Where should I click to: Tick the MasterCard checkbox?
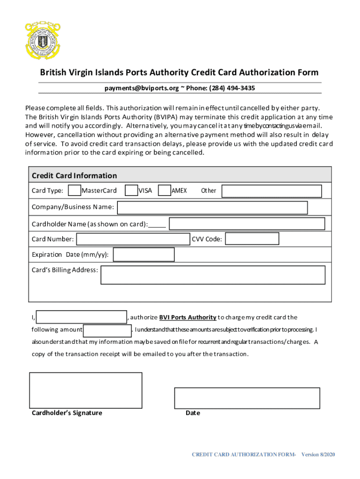click(x=74, y=190)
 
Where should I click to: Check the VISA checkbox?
click(x=131, y=190)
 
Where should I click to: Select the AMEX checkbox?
click(x=164, y=190)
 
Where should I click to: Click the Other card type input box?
click(x=271, y=191)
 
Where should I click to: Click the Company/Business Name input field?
click(x=212, y=207)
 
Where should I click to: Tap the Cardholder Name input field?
click(x=247, y=224)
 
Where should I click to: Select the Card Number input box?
click(x=133, y=239)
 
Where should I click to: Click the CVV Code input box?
click(x=252, y=239)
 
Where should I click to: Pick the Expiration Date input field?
click(x=144, y=254)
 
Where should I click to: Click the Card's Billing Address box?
click(x=213, y=275)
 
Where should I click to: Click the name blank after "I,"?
click(x=81, y=317)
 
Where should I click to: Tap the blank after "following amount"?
click(x=108, y=330)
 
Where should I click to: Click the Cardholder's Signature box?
click(x=86, y=390)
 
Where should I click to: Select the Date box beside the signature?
click(x=247, y=398)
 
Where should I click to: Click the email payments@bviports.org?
click(x=142, y=88)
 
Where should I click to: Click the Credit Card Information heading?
click(x=74, y=175)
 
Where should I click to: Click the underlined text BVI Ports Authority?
click(x=187, y=317)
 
